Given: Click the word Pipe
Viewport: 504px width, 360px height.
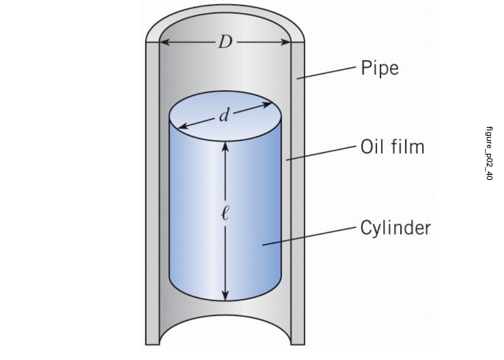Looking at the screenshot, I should (x=379, y=68).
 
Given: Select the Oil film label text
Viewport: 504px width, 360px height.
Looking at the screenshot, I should (x=392, y=147).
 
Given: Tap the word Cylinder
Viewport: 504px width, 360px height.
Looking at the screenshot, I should (x=395, y=228).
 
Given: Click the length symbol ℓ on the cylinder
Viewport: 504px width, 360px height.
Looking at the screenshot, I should (x=225, y=215).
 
